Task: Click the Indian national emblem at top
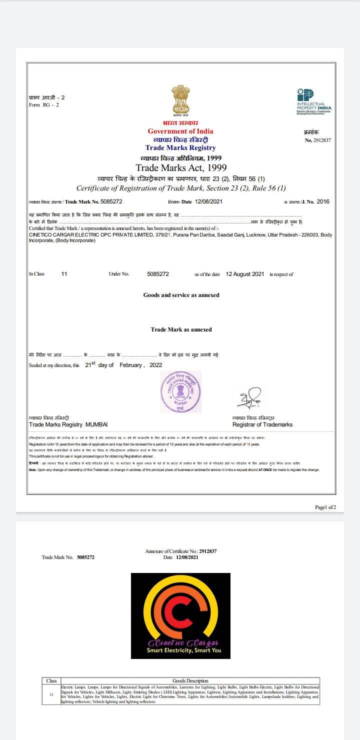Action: (180, 100)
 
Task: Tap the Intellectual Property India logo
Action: (314, 101)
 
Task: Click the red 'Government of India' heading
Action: (180, 131)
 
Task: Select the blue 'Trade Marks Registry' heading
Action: (180, 147)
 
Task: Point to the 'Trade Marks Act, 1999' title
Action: (181, 167)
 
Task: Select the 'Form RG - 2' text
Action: (44, 104)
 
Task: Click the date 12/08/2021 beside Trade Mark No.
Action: (207, 201)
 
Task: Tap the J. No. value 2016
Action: (323, 201)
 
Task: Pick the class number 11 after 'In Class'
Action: (64, 274)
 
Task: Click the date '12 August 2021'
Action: (245, 274)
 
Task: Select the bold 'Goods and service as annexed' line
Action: (181, 295)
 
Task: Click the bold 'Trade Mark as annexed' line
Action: (181, 329)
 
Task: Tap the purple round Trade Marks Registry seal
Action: (180, 391)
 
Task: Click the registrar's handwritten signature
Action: (249, 398)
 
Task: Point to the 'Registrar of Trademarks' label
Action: (262, 424)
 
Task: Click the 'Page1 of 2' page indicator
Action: (325, 507)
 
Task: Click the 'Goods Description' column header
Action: (190, 680)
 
